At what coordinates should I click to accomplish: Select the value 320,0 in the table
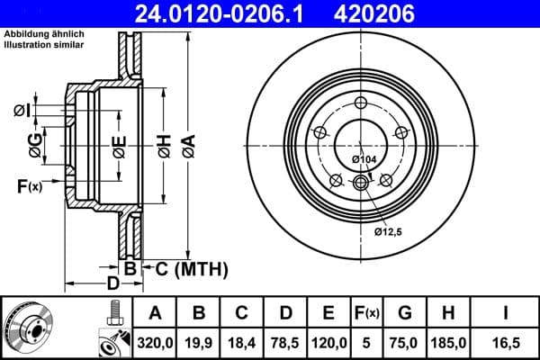pyautogui.click(x=155, y=342)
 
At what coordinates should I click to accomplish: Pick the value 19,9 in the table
pyautogui.click(x=199, y=342)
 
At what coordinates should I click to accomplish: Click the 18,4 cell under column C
pyautogui.click(x=241, y=342)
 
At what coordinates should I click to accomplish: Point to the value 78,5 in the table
pyautogui.click(x=285, y=342)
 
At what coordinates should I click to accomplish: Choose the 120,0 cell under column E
pyautogui.click(x=328, y=342)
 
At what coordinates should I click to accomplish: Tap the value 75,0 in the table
pyautogui.click(x=405, y=342)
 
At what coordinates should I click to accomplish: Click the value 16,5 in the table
pyautogui.click(x=505, y=342)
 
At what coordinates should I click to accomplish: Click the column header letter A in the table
pyautogui.click(x=155, y=313)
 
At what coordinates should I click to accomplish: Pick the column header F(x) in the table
pyautogui.click(x=366, y=313)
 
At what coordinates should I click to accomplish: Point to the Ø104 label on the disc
pyautogui.click(x=364, y=159)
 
